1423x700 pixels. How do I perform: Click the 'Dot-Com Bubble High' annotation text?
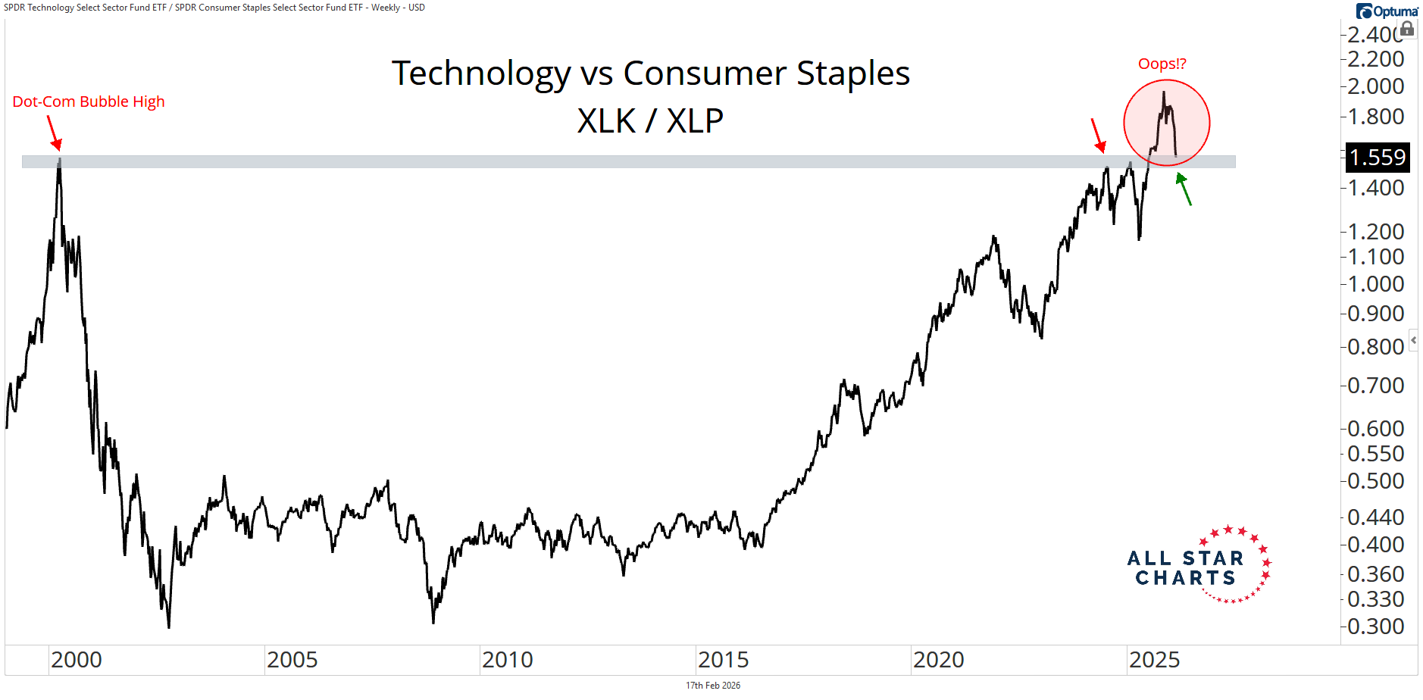click(88, 102)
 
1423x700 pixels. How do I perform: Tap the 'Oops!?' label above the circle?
click(1162, 64)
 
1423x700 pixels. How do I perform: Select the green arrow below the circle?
click(1184, 189)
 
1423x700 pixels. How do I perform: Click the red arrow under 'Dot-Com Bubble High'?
click(54, 133)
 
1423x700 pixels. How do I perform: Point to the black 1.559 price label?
click(1377, 157)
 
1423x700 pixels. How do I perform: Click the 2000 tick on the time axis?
click(76, 660)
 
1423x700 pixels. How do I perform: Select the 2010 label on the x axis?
click(507, 660)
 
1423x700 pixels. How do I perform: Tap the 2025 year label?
click(1154, 660)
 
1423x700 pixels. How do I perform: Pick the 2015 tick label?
click(723, 660)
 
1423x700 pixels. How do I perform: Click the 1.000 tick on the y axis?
click(1375, 284)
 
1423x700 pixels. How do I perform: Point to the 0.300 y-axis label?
click(1375, 627)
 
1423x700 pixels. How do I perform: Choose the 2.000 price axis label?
click(1375, 86)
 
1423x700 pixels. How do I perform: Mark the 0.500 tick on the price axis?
click(1375, 481)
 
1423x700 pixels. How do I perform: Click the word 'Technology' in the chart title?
click(480, 73)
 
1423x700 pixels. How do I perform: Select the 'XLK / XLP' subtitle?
click(650, 120)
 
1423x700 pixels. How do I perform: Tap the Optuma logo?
click(1387, 11)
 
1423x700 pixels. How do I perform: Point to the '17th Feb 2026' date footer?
click(712, 686)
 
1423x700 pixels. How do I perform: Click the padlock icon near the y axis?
click(1407, 29)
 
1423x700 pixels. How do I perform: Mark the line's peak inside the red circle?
click(1164, 92)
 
